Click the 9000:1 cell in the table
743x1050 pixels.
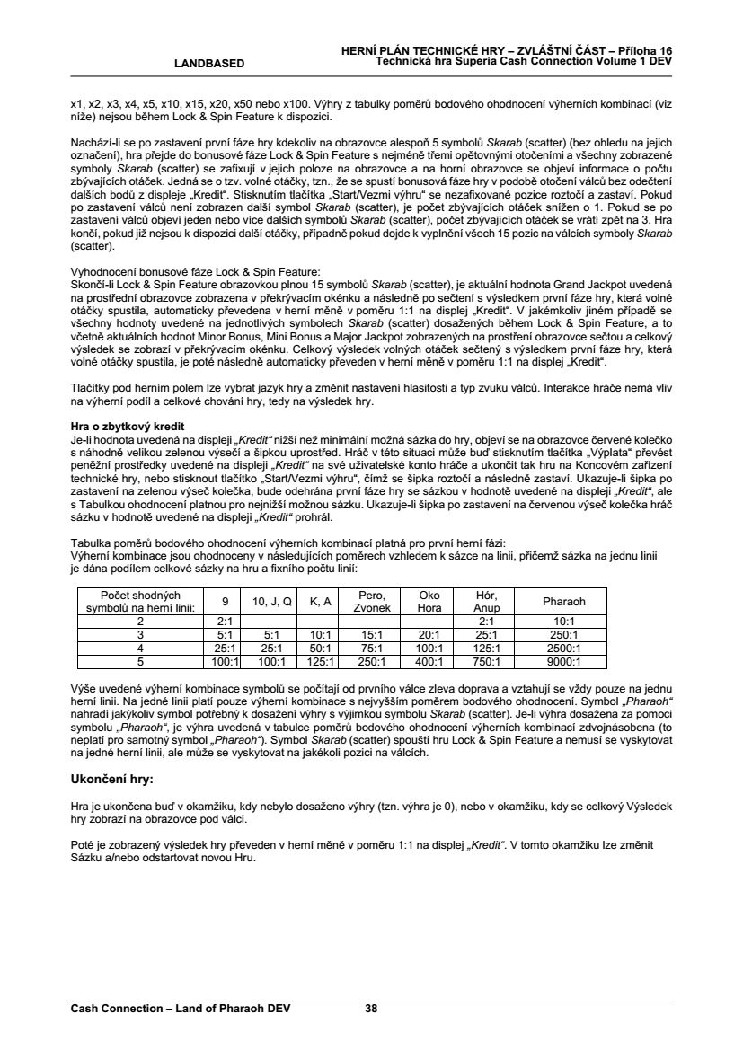[x=564, y=662]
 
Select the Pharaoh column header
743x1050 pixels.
[x=564, y=601]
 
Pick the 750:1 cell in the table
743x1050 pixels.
[x=485, y=662]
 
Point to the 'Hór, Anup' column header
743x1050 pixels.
[x=485, y=601]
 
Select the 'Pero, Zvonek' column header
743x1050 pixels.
[x=372, y=601]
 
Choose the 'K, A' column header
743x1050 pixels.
[x=321, y=601]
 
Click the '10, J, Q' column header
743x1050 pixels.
[x=271, y=601]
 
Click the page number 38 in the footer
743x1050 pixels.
[x=371, y=1008]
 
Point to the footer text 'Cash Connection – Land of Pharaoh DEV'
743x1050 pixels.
[x=181, y=1008]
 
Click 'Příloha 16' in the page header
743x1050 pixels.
[x=644, y=50]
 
